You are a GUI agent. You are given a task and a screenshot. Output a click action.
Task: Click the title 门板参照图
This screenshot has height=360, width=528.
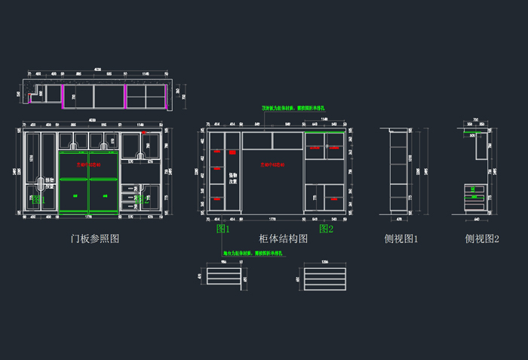[x=94, y=238]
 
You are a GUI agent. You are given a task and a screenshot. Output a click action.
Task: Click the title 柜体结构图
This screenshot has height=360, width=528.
[x=283, y=238]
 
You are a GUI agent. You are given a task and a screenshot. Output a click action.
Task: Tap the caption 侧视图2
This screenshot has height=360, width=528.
[x=482, y=238]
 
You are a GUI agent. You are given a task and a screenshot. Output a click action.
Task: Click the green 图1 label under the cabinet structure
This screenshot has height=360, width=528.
[x=223, y=228]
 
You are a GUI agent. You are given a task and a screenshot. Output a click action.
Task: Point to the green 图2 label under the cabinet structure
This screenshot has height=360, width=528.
[x=326, y=228]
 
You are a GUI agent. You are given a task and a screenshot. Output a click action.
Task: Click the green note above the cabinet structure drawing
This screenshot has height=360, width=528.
[x=293, y=108]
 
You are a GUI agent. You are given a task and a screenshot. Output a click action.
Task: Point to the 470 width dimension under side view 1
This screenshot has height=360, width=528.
[x=399, y=220]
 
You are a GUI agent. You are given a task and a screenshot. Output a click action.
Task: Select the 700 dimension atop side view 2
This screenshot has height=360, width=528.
[x=476, y=121]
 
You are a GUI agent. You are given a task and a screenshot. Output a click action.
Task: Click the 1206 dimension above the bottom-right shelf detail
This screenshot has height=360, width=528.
[x=324, y=261]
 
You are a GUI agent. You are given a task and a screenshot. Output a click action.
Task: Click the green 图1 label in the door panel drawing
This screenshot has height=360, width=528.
[x=38, y=200]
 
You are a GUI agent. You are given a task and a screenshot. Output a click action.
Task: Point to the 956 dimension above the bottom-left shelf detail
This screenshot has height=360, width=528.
[x=223, y=261]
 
